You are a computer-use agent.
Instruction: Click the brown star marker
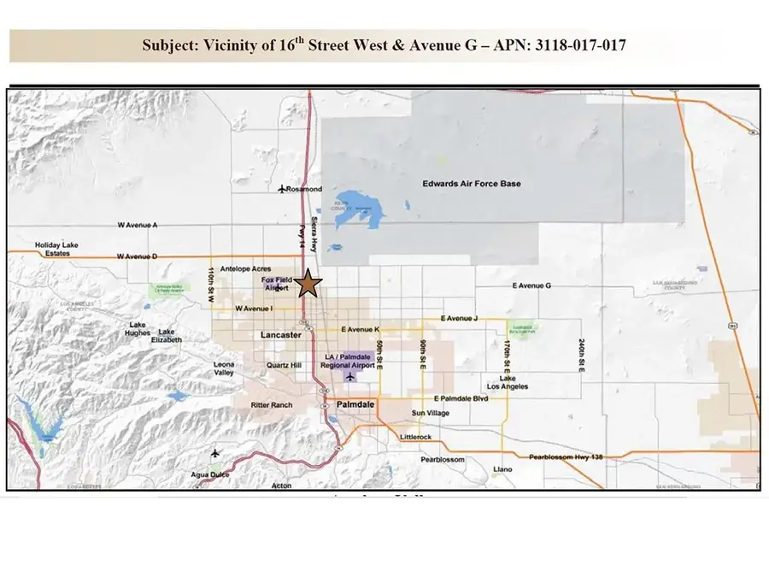(308, 285)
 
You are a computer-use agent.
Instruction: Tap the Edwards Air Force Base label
(472, 184)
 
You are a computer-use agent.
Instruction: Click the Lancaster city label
(280, 335)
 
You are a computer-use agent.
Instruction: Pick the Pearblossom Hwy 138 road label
(566, 457)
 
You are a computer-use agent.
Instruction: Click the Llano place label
(503, 468)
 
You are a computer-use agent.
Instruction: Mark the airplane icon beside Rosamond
(283, 188)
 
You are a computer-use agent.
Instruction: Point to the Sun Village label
(431, 414)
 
